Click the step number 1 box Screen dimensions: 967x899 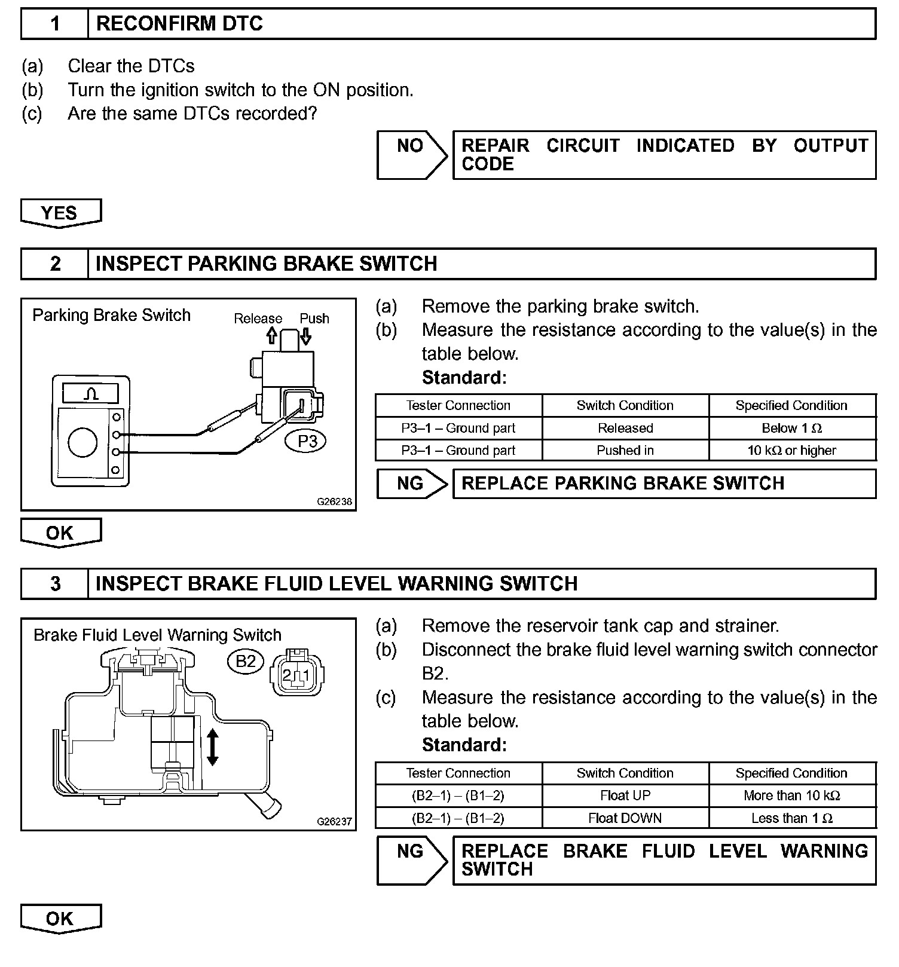click(x=55, y=24)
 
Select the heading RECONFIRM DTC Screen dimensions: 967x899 click(x=179, y=24)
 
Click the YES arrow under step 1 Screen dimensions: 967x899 click(x=60, y=213)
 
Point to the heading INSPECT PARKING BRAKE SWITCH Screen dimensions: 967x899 click(x=266, y=264)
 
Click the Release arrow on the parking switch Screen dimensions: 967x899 click(x=271, y=335)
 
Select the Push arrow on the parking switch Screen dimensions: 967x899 click(x=306, y=335)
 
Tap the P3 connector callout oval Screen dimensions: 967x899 click(x=307, y=442)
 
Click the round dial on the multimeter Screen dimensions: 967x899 click(x=82, y=443)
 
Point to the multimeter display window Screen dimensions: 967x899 click(x=91, y=393)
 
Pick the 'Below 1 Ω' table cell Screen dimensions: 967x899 click(x=792, y=428)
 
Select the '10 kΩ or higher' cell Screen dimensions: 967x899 click(x=792, y=451)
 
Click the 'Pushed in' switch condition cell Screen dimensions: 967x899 click(x=625, y=451)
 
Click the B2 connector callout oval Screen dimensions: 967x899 click(x=246, y=661)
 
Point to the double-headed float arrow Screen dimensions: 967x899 click(x=212, y=747)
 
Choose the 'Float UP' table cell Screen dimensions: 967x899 click(x=625, y=795)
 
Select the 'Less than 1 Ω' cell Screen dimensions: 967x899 click(x=792, y=818)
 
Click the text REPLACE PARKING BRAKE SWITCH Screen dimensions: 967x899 click(x=623, y=483)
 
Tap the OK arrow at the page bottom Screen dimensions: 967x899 click(x=60, y=919)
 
